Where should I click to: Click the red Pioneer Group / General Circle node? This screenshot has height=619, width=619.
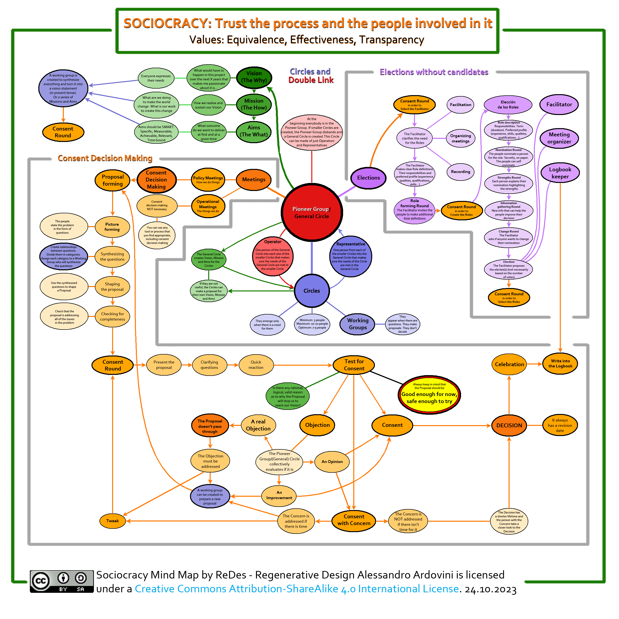[x=312, y=212]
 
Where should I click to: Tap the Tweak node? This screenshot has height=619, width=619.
[x=112, y=521]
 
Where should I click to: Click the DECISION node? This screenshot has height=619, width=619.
[x=509, y=425]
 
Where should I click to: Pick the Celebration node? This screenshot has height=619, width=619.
[x=509, y=364]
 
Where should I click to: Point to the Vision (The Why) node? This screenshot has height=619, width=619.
[x=254, y=77]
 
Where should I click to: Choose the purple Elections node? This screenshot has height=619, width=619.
[x=368, y=178]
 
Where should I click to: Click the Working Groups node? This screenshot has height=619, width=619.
[x=358, y=324]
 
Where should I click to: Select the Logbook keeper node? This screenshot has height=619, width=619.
[x=560, y=173]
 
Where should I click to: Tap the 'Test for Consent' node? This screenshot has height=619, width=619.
[x=354, y=365]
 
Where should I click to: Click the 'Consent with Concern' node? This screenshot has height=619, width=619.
[x=354, y=520]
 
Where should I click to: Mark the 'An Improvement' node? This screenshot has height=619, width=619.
[x=279, y=495]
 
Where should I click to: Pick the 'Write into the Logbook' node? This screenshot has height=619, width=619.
[x=560, y=364]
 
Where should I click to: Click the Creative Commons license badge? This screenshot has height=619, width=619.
[x=62, y=581]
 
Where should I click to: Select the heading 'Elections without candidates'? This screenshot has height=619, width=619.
[x=434, y=72]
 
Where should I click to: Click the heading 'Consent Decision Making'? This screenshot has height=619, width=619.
[x=105, y=158]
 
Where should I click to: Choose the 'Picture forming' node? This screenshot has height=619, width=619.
[x=112, y=227]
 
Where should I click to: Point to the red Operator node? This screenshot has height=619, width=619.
[x=273, y=256]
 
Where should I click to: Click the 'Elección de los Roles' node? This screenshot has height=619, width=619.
[x=508, y=105]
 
